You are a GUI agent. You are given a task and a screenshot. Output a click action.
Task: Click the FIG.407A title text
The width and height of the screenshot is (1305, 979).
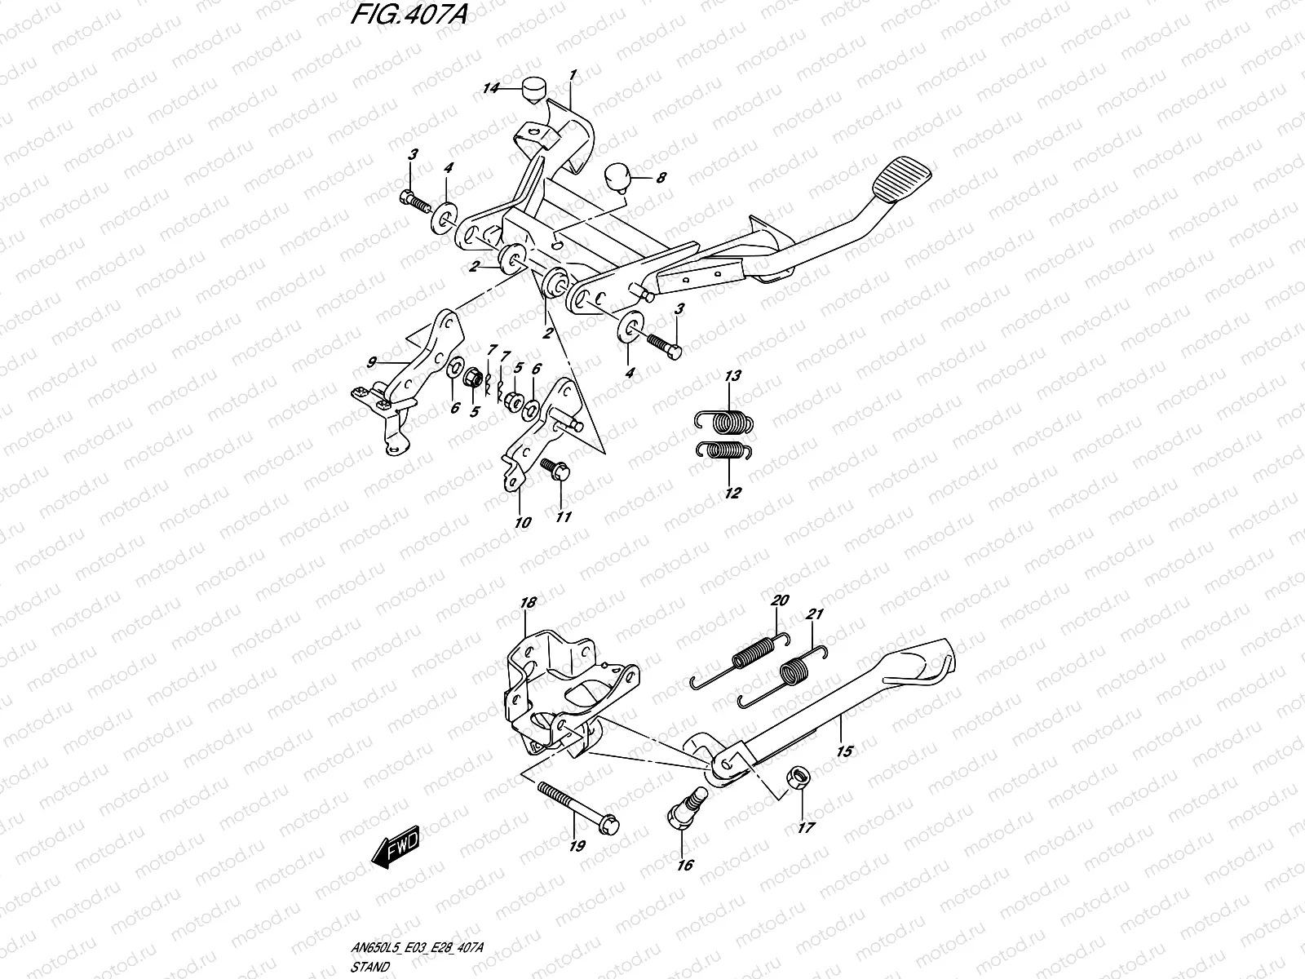coord(409,14)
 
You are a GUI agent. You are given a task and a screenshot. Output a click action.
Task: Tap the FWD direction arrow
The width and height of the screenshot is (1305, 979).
coord(396,847)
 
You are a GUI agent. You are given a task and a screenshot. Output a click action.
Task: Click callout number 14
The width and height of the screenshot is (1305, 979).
coord(490,89)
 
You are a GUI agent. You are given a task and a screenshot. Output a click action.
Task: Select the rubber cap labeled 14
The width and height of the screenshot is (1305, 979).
coord(535,91)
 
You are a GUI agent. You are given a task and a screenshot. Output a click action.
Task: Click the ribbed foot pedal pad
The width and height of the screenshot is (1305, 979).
coord(901,179)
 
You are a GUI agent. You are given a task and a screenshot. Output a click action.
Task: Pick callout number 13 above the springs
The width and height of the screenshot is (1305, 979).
coord(733,375)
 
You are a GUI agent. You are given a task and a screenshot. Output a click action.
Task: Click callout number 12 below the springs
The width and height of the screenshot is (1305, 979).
coord(732,493)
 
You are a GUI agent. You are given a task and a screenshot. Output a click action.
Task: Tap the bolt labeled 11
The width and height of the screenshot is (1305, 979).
coord(555,469)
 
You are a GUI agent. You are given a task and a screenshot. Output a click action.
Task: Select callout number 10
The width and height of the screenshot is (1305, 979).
coord(523,523)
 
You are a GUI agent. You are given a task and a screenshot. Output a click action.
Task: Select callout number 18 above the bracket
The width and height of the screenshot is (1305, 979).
coord(528,603)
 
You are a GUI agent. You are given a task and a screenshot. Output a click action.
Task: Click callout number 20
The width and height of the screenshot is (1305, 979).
coord(780,600)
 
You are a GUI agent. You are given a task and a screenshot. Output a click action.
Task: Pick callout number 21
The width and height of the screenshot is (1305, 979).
coord(814,614)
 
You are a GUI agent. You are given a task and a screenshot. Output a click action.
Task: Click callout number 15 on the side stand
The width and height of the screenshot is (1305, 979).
coord(844,751)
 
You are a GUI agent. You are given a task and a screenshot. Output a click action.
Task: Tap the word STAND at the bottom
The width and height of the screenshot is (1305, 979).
coord(369,967)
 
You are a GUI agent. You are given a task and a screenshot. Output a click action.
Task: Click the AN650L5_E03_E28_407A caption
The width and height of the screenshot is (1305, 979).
coord(417,947)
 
